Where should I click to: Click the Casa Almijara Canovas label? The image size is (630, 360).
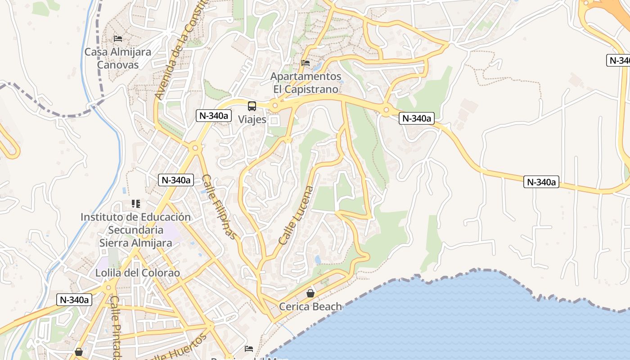coord(118,58)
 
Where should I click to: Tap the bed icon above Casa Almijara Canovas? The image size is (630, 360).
coord(118,39)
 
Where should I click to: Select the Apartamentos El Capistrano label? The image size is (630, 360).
coord(306,83)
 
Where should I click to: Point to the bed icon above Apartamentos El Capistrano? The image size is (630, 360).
coord(306,63)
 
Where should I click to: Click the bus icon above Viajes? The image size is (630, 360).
coord(252,106)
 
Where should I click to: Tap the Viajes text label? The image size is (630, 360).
coord(252,120)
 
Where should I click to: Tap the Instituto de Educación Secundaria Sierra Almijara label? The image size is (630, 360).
coord(135,230)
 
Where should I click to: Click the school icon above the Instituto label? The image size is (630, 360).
coord(135,204)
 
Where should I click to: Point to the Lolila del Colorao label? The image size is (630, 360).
coord(137,273)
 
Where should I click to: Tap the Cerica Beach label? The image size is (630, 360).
coord(310,307)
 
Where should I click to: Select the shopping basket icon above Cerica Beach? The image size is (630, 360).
coord(310,294)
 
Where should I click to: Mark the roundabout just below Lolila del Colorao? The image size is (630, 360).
coord(108,287)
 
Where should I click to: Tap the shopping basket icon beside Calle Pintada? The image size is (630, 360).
coord(79,352)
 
